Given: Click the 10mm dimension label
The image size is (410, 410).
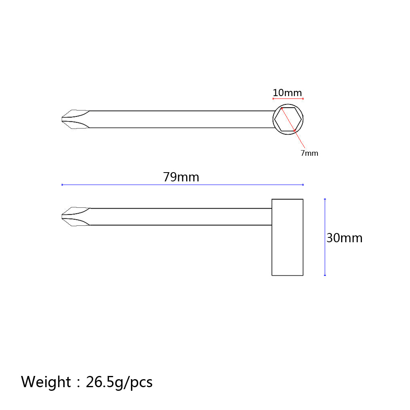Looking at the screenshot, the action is [287, 93].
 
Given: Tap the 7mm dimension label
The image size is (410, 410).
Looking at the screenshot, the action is [310, 153].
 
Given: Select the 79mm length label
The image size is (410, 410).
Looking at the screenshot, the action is [181, 177].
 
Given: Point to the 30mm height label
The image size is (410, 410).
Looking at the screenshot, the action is [344, 238].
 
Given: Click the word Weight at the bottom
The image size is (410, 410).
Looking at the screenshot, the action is [46, 382].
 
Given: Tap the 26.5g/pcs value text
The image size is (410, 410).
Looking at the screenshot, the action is [119, 382].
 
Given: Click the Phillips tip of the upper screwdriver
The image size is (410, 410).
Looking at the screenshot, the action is [75, 119].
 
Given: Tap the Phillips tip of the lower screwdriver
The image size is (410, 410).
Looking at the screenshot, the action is [75, 217].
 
